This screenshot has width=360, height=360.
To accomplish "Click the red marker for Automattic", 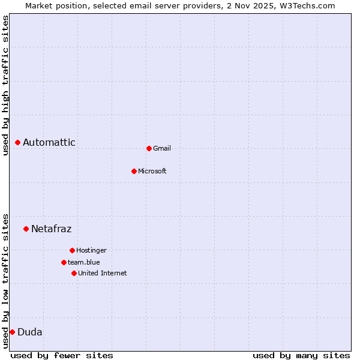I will [x=18, y=142].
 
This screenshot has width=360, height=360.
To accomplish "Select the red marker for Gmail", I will [x=149, y=148].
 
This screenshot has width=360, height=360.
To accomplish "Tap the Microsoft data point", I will [x=134, y=171].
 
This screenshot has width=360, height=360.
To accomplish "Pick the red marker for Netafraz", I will [x=26, y=229].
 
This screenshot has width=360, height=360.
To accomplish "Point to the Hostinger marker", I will [x=72, y=250].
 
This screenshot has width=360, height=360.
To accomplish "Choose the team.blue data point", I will [x=64, y=262].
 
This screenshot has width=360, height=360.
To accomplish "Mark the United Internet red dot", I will [x=74, y=273].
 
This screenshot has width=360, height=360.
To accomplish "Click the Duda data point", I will [x=12, y=332].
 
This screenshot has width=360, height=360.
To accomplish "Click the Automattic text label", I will [x=49, y=142].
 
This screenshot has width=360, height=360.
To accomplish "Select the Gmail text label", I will [x=162, y=148].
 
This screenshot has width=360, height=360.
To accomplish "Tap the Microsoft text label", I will [x=152, y=171].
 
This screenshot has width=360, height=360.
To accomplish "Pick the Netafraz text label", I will [x=51, y=229].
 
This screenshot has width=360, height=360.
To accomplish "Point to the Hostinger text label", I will [x=91, y=250].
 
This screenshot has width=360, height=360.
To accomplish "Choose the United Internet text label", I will [x=103, y=273].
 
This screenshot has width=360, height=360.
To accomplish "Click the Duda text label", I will [x=30, y=332].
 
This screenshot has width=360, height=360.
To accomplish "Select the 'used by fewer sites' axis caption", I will [x=62, y=355].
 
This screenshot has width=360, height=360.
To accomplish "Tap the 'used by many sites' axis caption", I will [x=301, y=355].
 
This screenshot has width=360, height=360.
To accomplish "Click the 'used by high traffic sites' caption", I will [x=5, y=85].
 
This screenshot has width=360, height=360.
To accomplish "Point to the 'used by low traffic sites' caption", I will [x=5, y=280].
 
